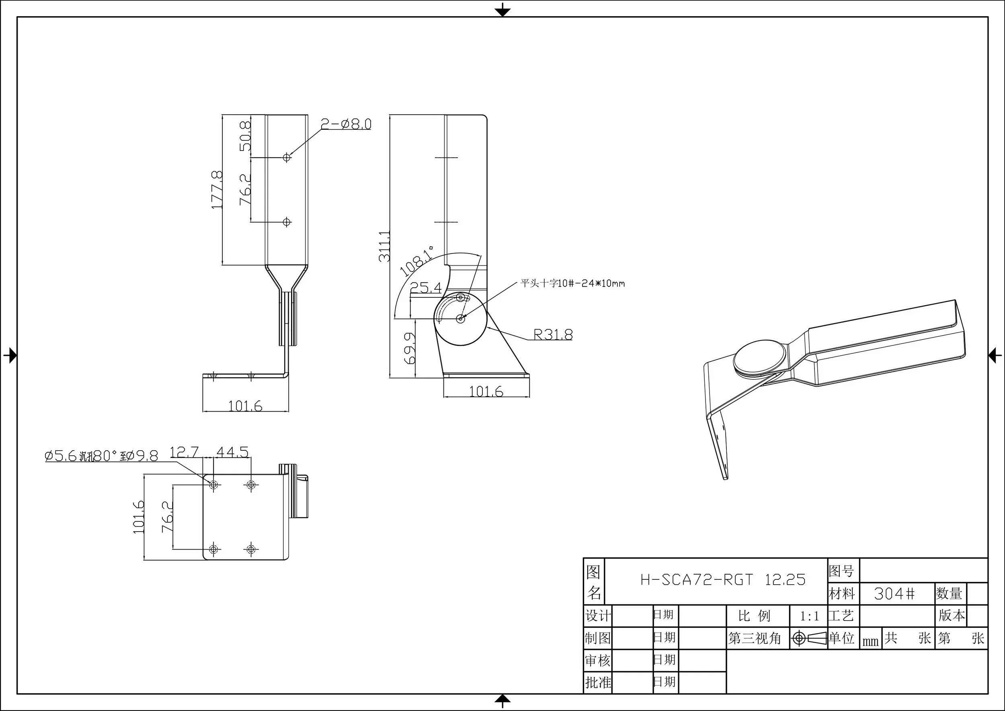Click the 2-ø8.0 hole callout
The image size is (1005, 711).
coord(346,124)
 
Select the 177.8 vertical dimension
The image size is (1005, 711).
coord(217,190)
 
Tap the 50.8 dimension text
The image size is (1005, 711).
coord(246,136)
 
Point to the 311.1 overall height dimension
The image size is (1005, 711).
coord(384,247)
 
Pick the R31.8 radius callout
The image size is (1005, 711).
coord(553,335)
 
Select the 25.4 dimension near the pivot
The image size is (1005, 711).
coord(425,288)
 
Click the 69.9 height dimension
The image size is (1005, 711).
coord(410,348)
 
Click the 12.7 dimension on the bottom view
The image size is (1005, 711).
coord(184,451)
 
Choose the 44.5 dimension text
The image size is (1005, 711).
coord(232,451)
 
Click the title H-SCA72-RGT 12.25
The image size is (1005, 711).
coord(723,580)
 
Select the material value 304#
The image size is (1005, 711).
coord(894,594)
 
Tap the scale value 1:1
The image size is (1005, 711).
coord(809,616)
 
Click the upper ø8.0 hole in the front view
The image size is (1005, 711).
coord(287,157)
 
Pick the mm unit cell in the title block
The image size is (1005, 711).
coord(870,641)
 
